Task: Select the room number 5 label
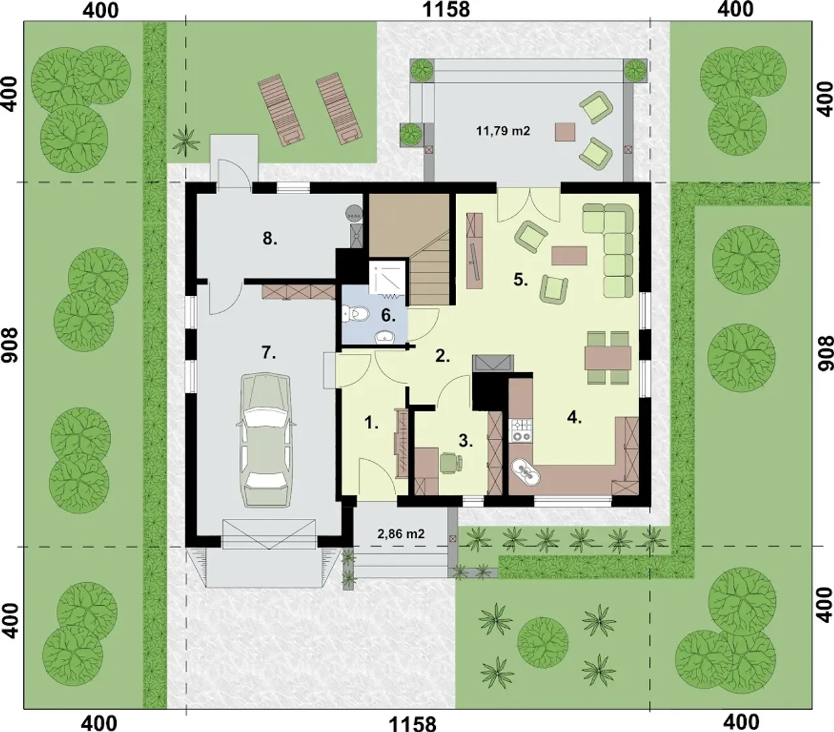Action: click(521, 280)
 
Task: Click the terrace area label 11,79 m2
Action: click(503, 131)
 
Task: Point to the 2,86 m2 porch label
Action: click(401, 534)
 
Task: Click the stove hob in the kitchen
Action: click(521, 430)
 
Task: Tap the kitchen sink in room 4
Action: click(525, 471)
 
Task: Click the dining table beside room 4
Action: click(609, 358)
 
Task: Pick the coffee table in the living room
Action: click(569, 256)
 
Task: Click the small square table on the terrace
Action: click(565, 132)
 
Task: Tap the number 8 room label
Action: click(270, 239)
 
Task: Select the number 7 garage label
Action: click(268, 353)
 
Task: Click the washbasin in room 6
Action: click(385, 338)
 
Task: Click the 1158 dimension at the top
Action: click(446, 9)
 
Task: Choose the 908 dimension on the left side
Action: click(10, 345)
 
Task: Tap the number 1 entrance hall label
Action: click(371, 422)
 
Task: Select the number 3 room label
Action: click(466, 441)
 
